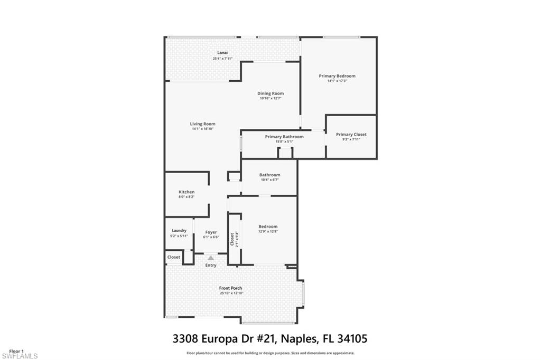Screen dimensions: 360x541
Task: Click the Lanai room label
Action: [x=222, y=53]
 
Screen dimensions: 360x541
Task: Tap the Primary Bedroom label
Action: [x=337, y=76]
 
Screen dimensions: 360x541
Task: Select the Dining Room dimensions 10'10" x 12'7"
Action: [x=270, y=99]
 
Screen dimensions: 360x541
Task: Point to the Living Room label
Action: [x=203, y=124]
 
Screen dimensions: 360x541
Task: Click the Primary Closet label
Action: [x=351, y=135]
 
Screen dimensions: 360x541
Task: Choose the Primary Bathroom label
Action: [x=284, y=137]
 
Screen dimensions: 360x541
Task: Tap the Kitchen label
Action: [x=186, y=192]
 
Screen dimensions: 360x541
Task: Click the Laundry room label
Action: [x=179, y=231]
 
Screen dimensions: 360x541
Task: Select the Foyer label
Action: [x=211, y=232]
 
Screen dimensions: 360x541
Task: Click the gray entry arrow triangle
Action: [x=211, y=258]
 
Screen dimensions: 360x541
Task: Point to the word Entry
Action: [x=211, y=265]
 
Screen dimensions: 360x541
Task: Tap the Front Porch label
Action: [x=231, y=288]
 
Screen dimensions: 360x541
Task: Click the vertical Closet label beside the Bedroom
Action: [x=232, y=239]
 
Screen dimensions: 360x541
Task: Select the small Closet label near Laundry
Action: [x=174, y=257]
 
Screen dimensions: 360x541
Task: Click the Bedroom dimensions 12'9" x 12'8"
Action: [x=268, y=232]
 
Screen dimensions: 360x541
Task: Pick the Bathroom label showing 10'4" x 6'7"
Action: [x=269, y=175]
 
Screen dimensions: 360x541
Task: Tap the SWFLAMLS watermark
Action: [x=19, y=356]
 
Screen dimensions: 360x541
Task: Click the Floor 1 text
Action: [x=16, y=350]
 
